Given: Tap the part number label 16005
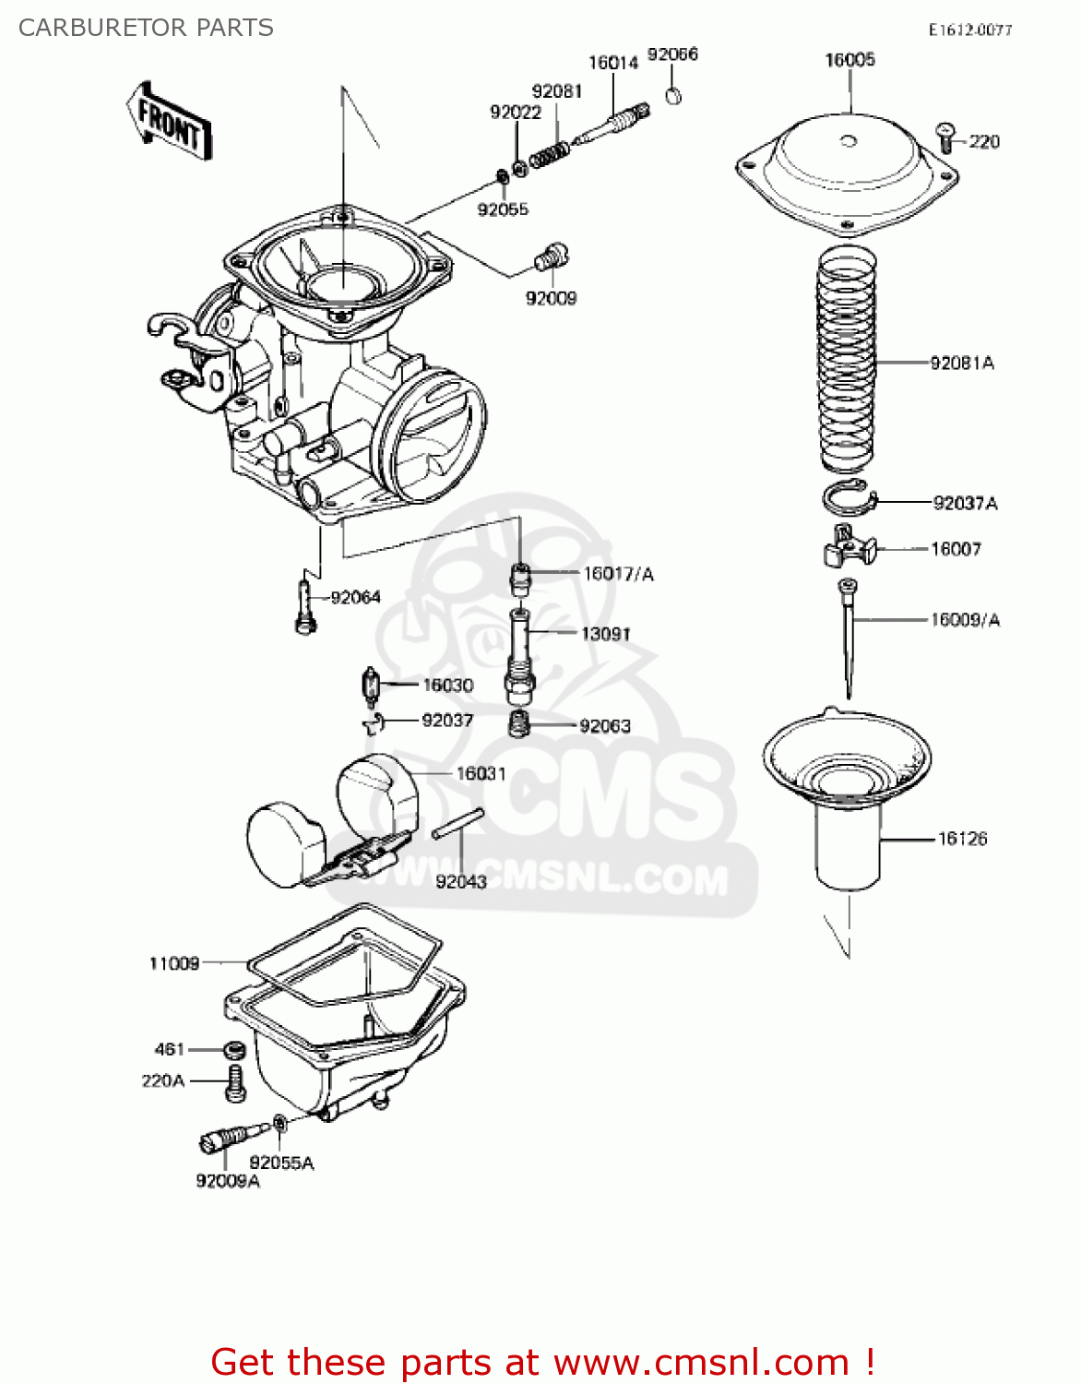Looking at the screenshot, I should (x=849, y=60).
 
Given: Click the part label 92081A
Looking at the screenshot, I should (x=962, y=364).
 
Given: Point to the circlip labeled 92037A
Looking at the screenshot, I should (x=847, y=498).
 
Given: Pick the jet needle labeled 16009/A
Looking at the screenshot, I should (x=848, y=637).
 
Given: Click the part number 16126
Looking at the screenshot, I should (x=962, y=839).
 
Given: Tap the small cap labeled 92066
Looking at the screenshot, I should (x=674, y=95).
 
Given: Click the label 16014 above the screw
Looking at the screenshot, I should (x=613, y=63).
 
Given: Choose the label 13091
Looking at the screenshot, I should (x=606, y=634).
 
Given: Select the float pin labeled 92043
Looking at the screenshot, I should (x=457, y=824).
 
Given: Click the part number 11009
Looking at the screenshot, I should (x=174, y=963).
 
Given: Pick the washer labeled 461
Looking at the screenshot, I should (x=234, y=1050).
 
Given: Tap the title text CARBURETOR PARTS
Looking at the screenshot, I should (x=146, y=28).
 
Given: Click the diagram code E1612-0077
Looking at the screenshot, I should (x=969, y=30).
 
